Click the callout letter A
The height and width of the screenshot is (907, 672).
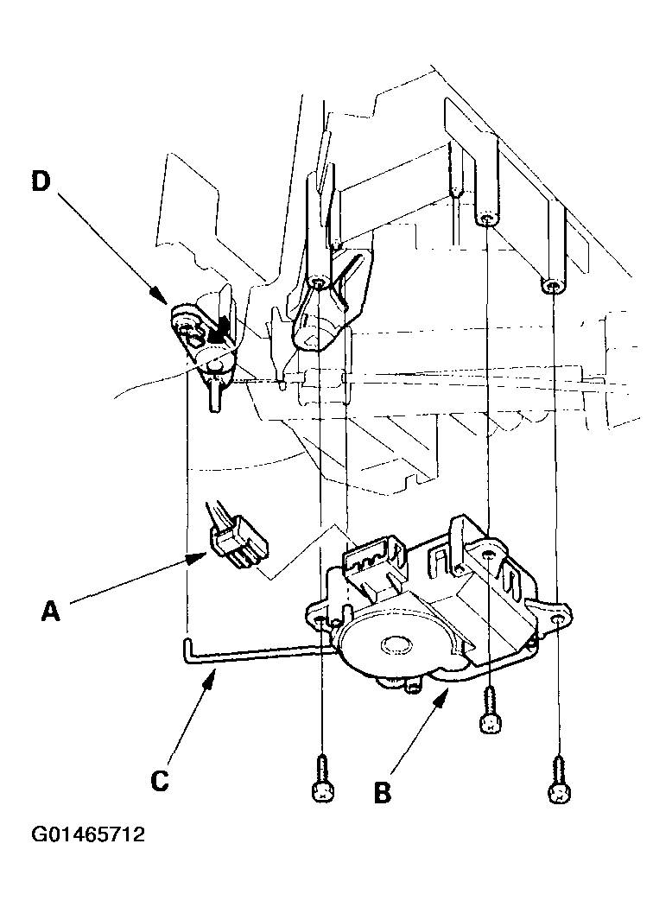[x=51, y=611]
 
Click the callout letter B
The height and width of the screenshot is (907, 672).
[x=383, y=792]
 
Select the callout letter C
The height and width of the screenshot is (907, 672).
[x=160, y=780]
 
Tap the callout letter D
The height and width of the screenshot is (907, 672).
[x=41, y=181]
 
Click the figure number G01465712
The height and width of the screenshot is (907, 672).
[x=88, y=834]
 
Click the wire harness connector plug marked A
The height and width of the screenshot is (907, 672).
[x=238, y=545]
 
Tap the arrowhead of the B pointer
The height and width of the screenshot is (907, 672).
[x=442, y=696]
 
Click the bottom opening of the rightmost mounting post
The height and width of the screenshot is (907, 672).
[x=553, y=286]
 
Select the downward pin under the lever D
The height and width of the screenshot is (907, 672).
[x=214, y=398]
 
